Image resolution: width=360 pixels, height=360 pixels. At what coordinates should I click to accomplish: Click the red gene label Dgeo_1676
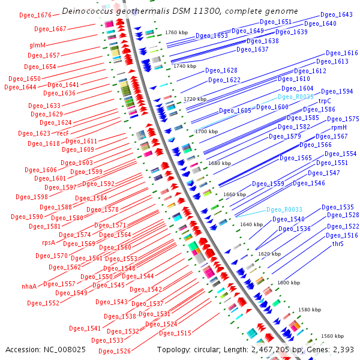click(x=35, y=14)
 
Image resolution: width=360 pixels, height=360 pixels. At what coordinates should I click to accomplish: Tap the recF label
click(x=63, y=133)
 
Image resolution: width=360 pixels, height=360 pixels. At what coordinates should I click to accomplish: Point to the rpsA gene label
click(x=48, y=242)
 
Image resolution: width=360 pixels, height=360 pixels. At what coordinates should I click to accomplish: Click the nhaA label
click(x=29, y=286)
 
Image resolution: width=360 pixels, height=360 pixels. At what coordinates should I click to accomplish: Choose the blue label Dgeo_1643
click(x=336, y=14)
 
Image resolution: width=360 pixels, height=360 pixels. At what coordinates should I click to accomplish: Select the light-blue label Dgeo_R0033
click(x=284, y=209)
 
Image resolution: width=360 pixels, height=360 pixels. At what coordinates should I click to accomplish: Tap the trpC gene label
click(x=325, y=101)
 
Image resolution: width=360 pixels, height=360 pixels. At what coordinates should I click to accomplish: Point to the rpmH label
click(x=339, y=127)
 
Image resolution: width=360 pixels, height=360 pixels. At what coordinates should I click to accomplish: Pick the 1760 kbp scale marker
click(x=176, y=32)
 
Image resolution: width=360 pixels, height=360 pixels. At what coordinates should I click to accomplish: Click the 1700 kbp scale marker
click(x=206, y=131)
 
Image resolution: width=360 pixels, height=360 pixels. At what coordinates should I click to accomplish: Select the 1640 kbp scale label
click(x=251, y=224)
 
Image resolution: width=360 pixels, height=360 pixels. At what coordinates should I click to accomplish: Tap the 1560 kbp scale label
click(x=332, y=336)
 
